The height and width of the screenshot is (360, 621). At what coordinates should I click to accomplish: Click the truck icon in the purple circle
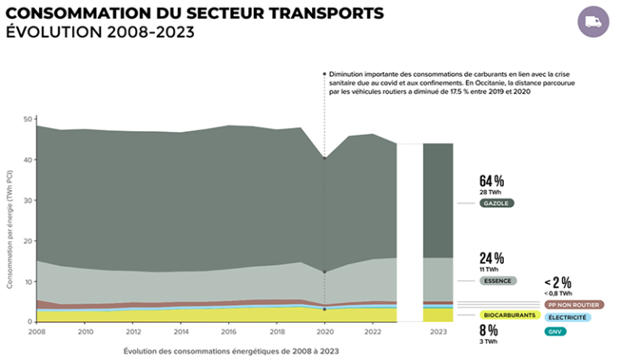594,22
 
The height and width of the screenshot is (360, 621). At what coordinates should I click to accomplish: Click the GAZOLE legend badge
495,203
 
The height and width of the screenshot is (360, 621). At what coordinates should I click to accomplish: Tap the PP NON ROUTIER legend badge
574,305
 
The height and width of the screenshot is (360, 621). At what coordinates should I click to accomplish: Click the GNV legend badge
555,332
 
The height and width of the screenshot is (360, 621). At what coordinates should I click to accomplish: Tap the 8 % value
488,330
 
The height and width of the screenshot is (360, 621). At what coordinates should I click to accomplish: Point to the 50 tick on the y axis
28,119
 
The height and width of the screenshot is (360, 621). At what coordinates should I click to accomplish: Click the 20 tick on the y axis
28,241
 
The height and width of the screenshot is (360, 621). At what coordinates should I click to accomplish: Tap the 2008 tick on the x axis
37,332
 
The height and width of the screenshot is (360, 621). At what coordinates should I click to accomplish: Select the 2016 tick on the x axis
230,332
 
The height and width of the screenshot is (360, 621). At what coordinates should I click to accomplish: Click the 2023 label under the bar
437,332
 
